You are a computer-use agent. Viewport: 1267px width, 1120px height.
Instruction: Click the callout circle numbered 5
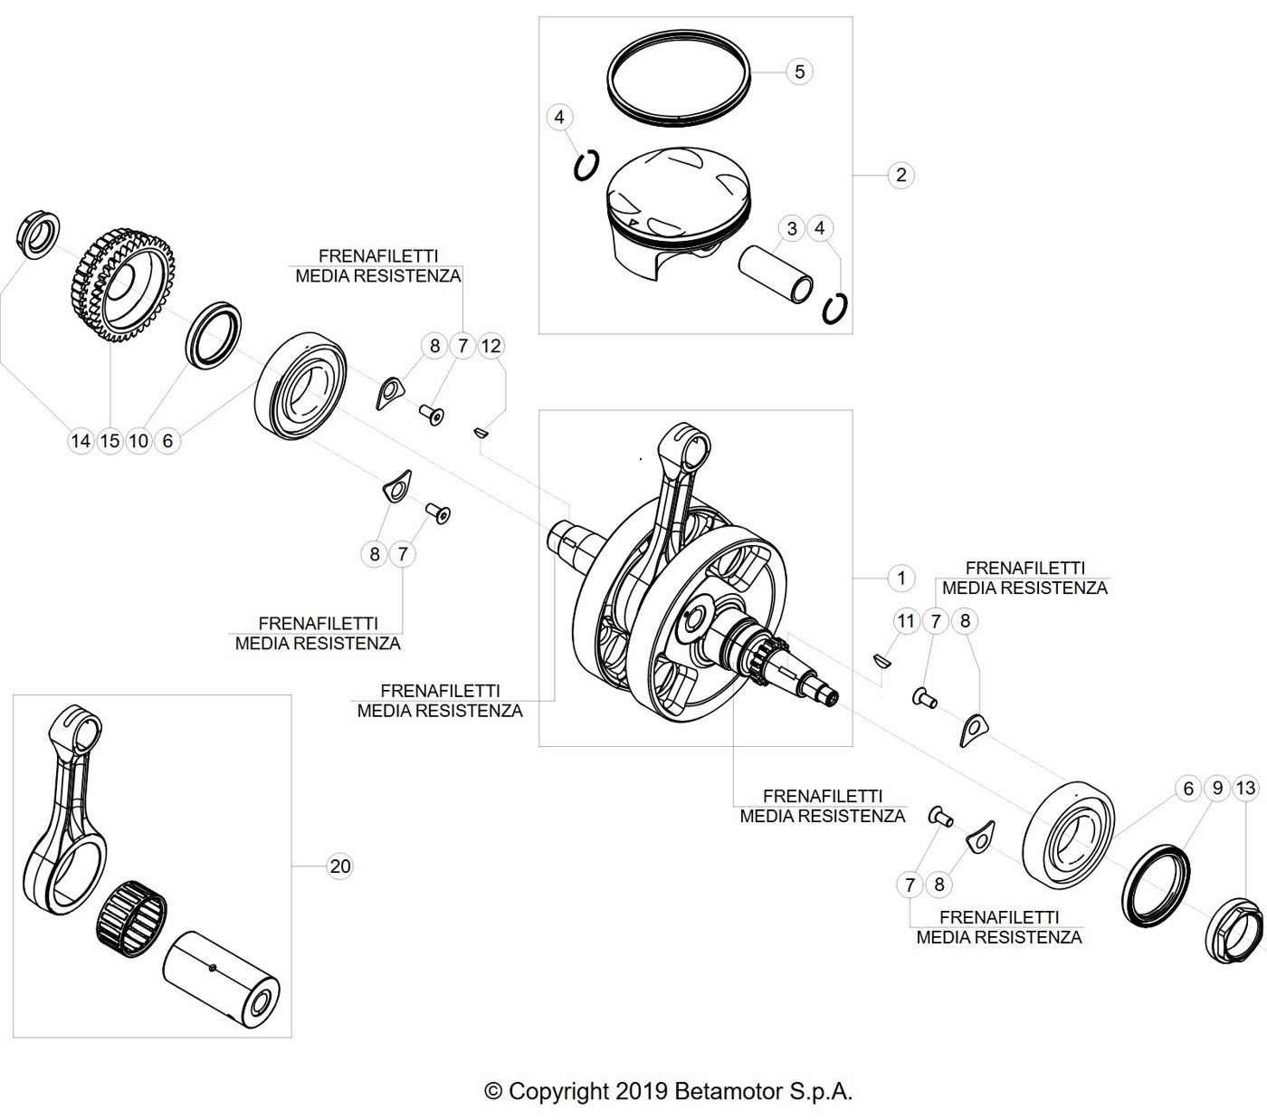point(799,72)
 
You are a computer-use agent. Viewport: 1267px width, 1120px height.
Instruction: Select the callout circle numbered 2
point(900,175)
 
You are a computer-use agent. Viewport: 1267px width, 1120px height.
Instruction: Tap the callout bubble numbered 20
point(339,866)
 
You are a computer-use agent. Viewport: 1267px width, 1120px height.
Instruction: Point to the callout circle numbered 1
point(900,578)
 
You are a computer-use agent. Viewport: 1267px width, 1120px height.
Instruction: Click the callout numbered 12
point(491,345)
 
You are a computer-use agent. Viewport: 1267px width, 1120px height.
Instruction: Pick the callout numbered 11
point(906,621)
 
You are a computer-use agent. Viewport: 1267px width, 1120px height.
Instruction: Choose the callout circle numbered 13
point(1245,787)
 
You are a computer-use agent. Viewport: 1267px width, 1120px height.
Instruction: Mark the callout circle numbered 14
point(81,441)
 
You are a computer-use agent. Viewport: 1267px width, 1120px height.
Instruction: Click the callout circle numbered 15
point(110,441)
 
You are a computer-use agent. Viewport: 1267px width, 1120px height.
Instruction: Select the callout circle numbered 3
point(792,228)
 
